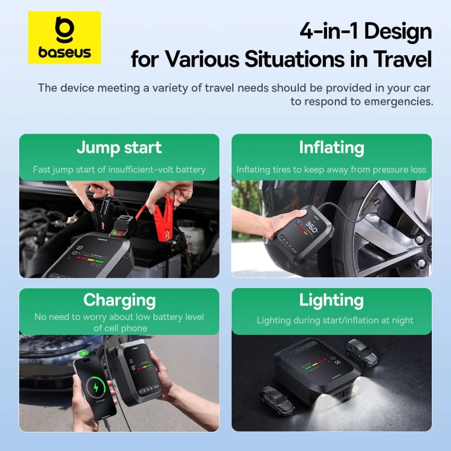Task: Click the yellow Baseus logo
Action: tap(64, 37)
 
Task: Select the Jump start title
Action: tap(119, 148)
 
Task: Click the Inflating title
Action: tap(331, 148)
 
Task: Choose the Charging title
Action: tap(119, 299)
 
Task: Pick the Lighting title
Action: tap(331, 299)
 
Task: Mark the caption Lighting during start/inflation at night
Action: tap(335, 320)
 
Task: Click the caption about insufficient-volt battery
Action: tap(119, 169)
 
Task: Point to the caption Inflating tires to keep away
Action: tap(331, 169)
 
